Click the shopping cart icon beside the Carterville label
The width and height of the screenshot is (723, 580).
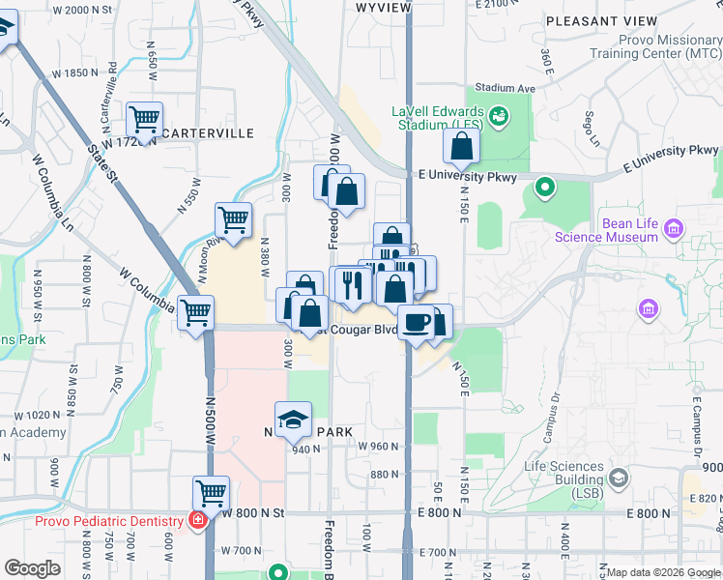pos(144,120)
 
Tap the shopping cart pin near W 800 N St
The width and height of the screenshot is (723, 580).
pos(211,493)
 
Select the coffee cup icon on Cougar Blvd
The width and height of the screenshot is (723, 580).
pos(417,322)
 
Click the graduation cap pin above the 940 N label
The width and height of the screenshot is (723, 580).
pos(294,419)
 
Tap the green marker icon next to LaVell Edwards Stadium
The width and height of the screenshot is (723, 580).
pos(500,117)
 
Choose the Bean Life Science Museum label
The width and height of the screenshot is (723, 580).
pos(630,230)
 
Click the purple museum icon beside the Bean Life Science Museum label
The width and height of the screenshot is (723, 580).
pos(674,229)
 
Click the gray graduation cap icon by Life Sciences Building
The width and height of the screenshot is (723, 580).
pos(618,478)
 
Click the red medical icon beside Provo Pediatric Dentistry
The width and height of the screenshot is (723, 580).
pos(198,521)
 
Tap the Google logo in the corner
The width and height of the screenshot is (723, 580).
pos(33,568)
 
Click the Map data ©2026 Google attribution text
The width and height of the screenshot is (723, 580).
pos(662,572)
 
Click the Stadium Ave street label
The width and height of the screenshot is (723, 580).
pos(511,88)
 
